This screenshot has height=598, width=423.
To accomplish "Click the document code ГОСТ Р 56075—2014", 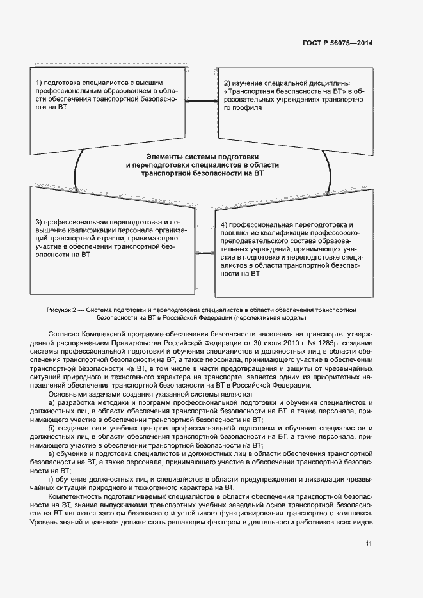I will tap(337, 43).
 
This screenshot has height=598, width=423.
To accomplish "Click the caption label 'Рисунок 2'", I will tap(63, 310).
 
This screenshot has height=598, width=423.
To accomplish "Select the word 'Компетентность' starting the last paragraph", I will tap(76, 496).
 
